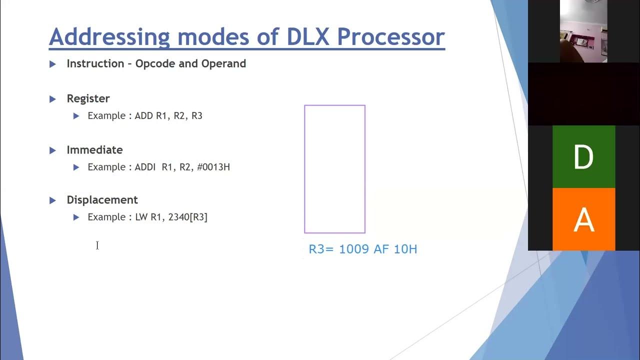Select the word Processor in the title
[391, 37]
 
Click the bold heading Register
[88, 98]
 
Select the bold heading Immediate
[94, 150]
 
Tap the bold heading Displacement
[102, 200]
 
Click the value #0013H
[213, 167]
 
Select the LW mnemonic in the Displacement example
[141, 217]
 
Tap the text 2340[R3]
[187, 217]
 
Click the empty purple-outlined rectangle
[334, 169]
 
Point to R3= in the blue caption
[321, 249]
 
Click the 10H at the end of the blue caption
[405, 249]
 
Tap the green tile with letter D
[583, 157]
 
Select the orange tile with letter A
[583, 219]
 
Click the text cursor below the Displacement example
[97, 245]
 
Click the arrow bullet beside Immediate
[53, 150]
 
